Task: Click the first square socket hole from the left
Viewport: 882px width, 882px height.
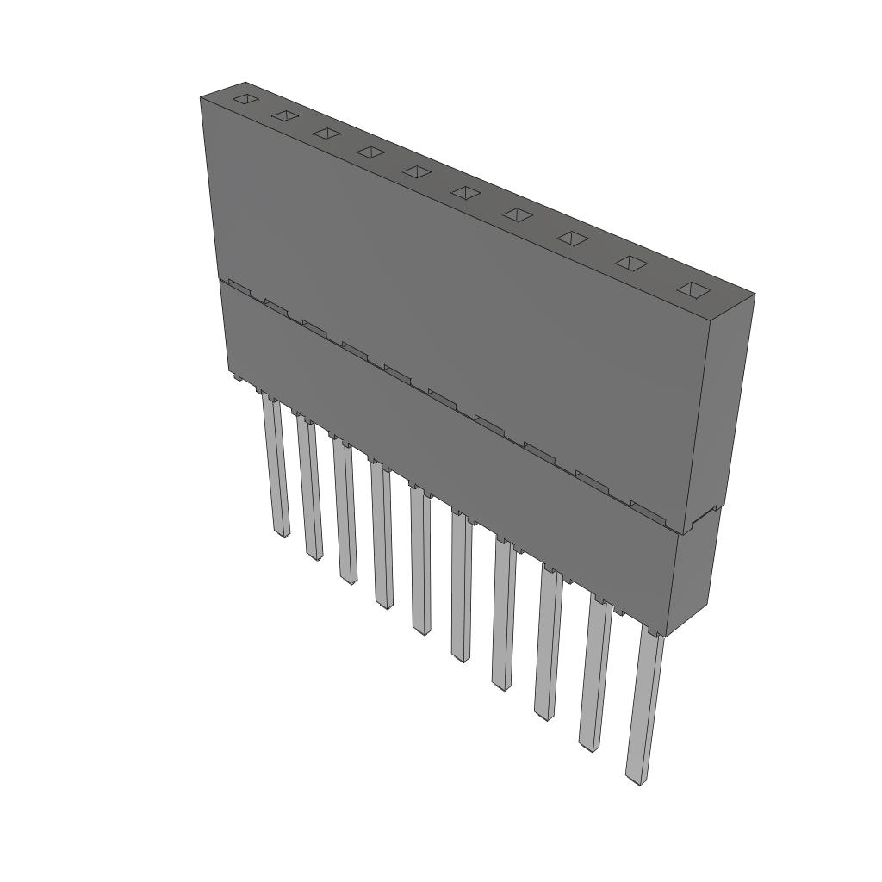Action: tap(245, 99)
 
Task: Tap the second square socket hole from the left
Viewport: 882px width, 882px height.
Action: tap(284, 115)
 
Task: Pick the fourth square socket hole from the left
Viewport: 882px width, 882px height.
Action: tap(370, 152)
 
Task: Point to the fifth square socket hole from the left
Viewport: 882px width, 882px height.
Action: tap(416, 171)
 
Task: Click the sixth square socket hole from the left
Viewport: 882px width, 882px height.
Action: tap(464, 192)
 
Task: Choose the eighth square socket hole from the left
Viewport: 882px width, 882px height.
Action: tap(571, 238)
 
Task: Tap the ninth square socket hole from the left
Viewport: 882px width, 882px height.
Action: tap(630, 264)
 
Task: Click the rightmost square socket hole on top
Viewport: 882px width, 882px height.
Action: tap(693, 290)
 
